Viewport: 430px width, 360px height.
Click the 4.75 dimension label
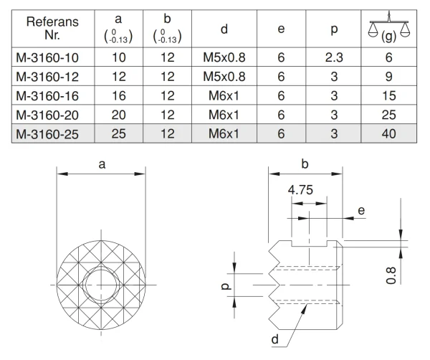coord(300,190)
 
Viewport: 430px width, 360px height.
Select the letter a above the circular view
coord(102,164)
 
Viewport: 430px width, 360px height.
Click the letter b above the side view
coord(305,164)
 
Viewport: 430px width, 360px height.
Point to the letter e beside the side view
coord(360,210)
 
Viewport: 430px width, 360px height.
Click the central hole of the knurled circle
coord(102,285)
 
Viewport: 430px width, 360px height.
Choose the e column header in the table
coord(282,29)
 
